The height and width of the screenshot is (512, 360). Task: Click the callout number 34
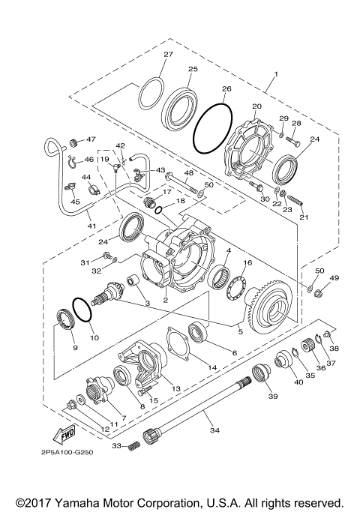[x=214, y=430]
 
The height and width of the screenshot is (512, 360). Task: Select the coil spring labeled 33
[x=133, y=445]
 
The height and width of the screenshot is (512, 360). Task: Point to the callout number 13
[x=176, y=388]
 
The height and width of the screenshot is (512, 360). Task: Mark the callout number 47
[x=91, y=139]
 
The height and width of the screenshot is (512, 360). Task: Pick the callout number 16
[x=247, y=264]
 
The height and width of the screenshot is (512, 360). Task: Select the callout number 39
[x=272, y=397]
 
